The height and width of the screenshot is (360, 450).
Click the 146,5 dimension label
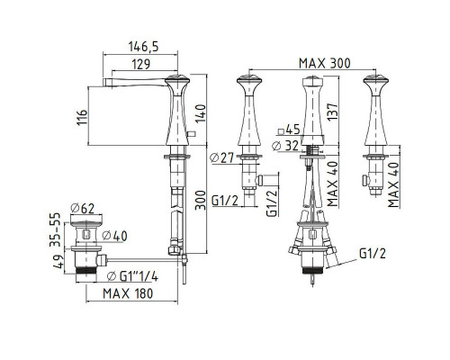tap(143, 47)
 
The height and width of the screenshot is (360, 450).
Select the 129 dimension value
tap(141, 64)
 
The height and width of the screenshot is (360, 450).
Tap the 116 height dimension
tap(82, 117)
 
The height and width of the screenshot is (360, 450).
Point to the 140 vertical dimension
tap(201, 113)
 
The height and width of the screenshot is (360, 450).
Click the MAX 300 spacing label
tap(324, 63)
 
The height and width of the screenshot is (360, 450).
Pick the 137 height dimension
tap(332, 112)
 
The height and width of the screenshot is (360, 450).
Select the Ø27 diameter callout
tap(221, 157)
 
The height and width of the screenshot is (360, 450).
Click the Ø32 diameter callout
tap(285, 146)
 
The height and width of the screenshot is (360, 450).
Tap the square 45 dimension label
tap(289, 130)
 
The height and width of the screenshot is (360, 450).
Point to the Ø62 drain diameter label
tap(83, 208)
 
